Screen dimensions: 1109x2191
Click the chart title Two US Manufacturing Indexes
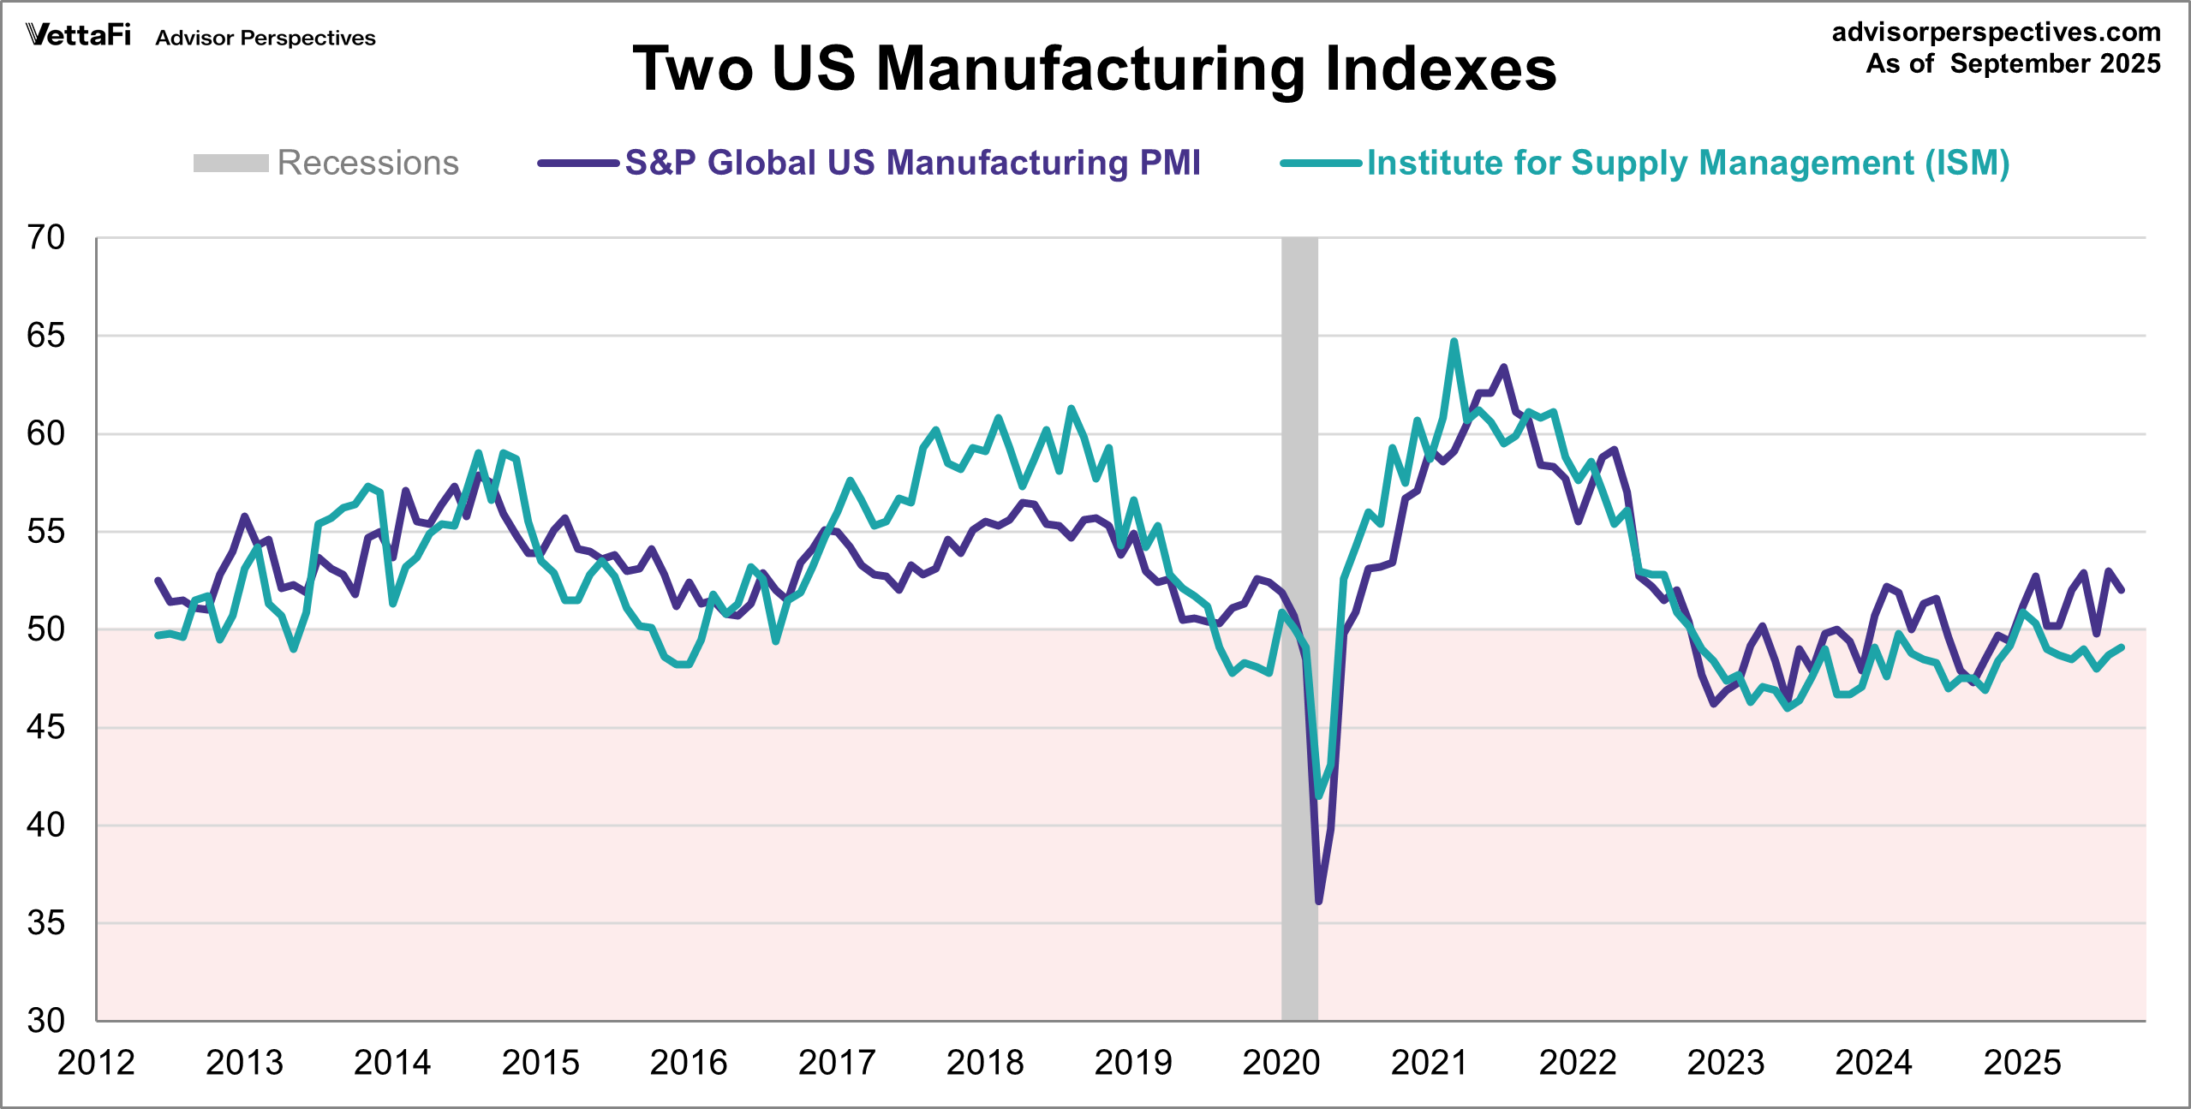click(x=1094, y=69)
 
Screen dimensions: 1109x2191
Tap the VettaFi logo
click(x=78, y=35)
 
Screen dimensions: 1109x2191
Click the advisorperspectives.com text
click(x=1996, y=32)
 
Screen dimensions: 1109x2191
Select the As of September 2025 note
click(x=2013, y=63)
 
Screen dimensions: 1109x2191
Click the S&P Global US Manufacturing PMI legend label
click(x=912, y=163)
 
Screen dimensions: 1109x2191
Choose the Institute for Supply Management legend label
click(x=1687, y=163)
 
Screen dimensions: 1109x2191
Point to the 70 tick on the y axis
click(x=46, y=237)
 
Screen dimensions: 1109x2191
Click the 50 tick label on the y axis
click(x=46, y=629)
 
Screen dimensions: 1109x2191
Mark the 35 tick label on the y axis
click(x=46, y=923)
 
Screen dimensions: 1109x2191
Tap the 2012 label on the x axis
click(x=96, y=1063)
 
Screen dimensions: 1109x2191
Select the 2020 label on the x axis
click(x=1281, y=1063)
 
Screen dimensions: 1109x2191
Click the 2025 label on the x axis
click(x=2022, y=1063)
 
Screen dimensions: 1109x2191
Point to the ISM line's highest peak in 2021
click(x=1454, y=341)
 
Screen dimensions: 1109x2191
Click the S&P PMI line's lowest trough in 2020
click(x=1319, y=902)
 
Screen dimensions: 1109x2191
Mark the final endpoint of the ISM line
click(x=2122, y=647)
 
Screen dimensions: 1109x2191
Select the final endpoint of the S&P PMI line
click(x=2122, y=590)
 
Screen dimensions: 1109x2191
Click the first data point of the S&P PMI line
click(x=158, y=581)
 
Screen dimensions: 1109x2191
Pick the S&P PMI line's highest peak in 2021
click(x=1504, y=367)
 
